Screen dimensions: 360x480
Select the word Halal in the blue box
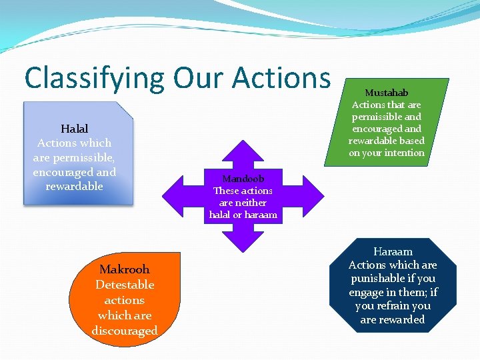[x=74, y=128]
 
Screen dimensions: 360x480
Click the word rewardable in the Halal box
[x=74, y=186]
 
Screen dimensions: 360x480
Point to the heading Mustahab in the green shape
[x=386, y=93]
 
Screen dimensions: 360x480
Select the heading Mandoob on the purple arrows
[x=243, y=179]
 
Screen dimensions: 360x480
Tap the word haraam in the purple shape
[x=261, y=215]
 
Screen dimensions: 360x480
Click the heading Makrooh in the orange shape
[x=124, y=269]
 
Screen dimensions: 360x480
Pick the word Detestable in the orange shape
[x=124, y=285]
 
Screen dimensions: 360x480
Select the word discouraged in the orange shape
[x=124, y=331]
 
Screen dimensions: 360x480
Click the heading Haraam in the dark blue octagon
[x=393, y=251]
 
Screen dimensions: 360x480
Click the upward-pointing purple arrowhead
[x=243, y=150]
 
